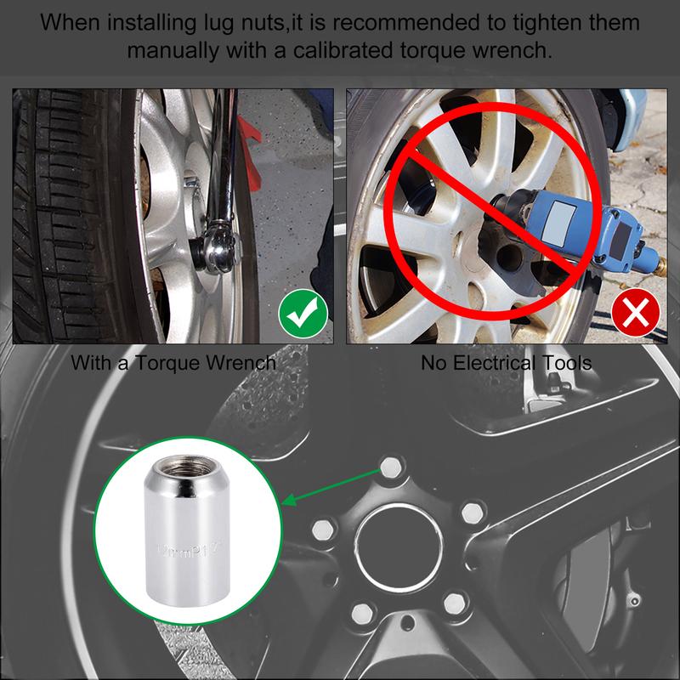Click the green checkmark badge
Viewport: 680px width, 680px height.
coord(303,316)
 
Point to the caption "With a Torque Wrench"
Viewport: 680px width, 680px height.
coord(173,363)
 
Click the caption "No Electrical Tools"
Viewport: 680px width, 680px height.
coord(507,363)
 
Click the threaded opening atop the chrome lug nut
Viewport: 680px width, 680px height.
coord(185,467)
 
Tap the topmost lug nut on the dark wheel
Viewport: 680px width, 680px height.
coord(390,466)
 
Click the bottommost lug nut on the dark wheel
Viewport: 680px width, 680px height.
coord(364,611)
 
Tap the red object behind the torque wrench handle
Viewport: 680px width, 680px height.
coord(248,136)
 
